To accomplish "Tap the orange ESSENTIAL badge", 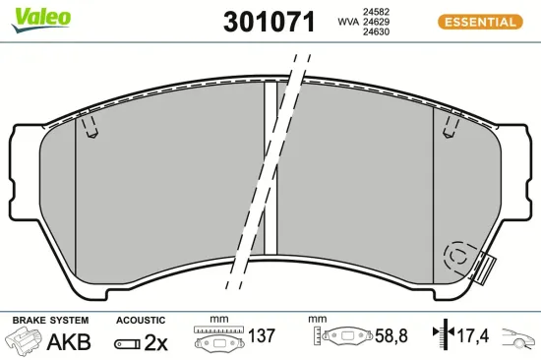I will point(478,21).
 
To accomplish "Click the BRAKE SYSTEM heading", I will point(50,320).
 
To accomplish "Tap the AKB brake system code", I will point(69,341).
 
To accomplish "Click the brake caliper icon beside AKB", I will point(24,341).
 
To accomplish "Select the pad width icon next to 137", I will point(217,340).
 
